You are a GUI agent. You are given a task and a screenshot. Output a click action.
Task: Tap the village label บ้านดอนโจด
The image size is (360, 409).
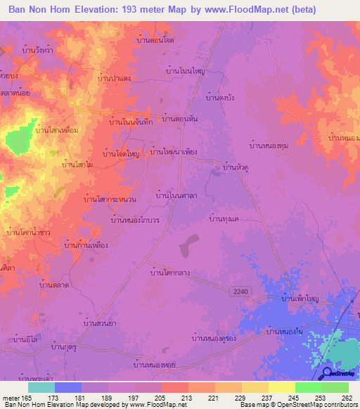(x=155, y=41)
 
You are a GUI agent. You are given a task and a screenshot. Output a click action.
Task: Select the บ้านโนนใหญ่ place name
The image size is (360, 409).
(x=185, y=71)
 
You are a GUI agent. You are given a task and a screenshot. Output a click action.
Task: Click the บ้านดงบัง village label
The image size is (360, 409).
(x=219, y=98)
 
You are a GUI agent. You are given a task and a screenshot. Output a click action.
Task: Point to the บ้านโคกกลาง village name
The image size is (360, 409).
(x=172, y=268)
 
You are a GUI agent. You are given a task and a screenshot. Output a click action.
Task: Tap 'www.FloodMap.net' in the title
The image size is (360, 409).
(x=242, y=10)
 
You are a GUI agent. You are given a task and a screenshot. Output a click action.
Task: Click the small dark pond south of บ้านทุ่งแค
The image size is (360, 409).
(x=187, y=247)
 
